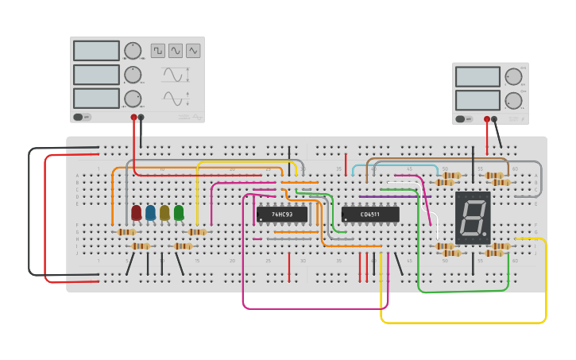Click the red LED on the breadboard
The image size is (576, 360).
137,213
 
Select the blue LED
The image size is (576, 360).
151,213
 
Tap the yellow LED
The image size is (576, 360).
164,213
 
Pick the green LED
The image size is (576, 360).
179,213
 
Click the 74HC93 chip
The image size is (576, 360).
282,215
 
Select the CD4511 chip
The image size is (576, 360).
370,215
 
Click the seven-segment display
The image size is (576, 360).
473,217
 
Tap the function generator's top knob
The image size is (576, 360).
132,51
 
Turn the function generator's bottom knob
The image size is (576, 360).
132,99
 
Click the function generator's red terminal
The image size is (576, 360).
133,118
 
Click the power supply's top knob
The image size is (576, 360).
514,76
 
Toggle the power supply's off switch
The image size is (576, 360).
461,119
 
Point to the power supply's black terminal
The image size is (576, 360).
493,119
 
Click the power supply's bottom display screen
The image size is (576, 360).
477,100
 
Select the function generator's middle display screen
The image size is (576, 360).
96,75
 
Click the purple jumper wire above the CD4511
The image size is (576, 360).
384,196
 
